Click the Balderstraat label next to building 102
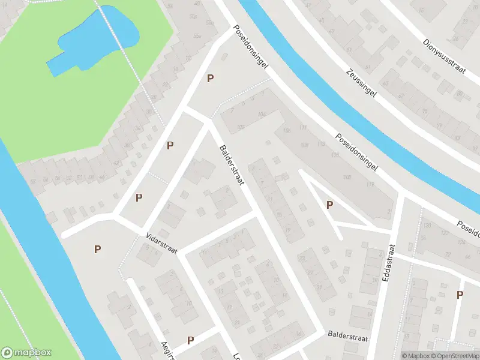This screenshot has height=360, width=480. click(231, 165)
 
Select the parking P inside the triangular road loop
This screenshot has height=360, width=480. click(329, 205)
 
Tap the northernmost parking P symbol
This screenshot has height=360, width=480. click(210, 78)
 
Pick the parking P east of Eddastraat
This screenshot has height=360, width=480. click(460, 294)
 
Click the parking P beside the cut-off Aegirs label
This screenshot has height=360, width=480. click(190, 340)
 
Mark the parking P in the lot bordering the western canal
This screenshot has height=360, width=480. click(97, 249)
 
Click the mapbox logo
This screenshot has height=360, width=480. click(26, 353)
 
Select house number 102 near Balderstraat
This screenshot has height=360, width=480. click(241, 126)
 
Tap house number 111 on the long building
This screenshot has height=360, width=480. click(303, 128)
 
